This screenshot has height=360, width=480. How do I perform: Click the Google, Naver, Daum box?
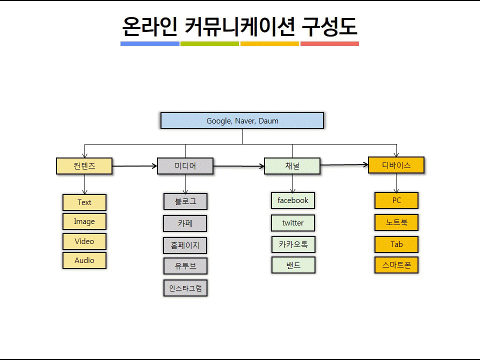pos(242,120)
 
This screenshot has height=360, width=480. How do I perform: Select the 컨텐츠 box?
pos(84,166)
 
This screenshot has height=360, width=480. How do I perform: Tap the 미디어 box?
pos(185,166)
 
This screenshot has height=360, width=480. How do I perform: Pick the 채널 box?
pos(292,166)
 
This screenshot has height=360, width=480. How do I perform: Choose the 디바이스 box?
pos(396,165)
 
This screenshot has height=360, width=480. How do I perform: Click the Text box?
pos(84,202)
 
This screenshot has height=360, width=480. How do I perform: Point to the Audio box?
pos(84,260)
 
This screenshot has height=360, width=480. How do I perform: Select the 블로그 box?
pos(185,201)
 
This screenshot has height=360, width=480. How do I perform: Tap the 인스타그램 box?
pos(185,288)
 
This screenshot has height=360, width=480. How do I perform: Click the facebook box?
pos(293,200)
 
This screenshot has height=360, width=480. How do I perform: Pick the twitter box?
pos(293,223)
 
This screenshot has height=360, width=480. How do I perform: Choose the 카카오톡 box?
pos(293,244)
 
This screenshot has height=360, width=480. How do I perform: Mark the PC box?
pos(396,200)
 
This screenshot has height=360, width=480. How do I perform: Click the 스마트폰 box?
pos(396,265)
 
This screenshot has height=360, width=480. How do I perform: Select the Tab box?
pos(396,244)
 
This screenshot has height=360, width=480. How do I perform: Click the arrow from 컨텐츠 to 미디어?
pos(134,166)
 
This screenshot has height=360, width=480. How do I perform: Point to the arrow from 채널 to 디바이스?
pos(344,165)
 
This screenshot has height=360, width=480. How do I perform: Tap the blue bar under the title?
pos(150,44)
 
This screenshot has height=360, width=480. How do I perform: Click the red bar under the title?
pos(329,44)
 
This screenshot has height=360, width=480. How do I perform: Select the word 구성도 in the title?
pos(329,26)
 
